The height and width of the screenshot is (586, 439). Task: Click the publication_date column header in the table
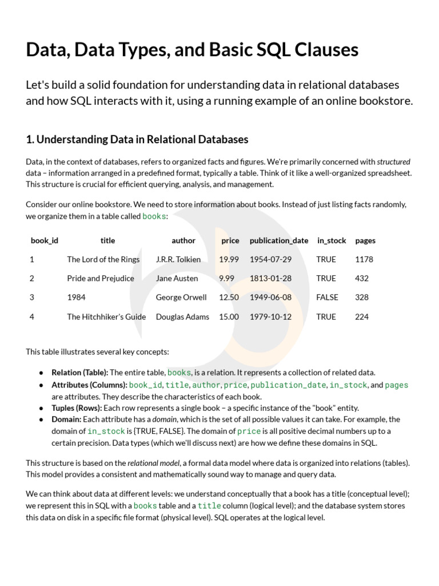pyautogui.click(x=279, y=240)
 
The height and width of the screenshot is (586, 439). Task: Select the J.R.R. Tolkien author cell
pyautogui.click(x=178, y=259)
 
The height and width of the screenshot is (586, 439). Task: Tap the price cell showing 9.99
pyautogui.click(x=226, y=278)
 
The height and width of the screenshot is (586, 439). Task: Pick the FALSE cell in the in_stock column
pyautogui.click(x=327, y=297)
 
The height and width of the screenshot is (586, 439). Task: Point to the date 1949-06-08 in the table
pyautogui.click(x=270, y=297)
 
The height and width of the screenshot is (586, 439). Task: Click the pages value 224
pyautogui.click(x=362, y=316)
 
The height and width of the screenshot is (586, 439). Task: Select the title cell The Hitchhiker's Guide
pyautogui.click(x=106, y=316)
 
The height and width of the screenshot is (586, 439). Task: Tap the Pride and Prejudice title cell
pyautogui.click(x=101, y=278)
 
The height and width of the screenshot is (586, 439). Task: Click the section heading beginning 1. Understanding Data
pyautogui.click(x=137, y=139)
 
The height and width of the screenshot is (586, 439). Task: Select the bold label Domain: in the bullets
pyautogui.click(x=67, y=419)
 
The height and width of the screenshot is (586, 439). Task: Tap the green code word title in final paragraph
pyautogui.click(x=209, y=506)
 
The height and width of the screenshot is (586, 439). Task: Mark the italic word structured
pyautogui.click(x=393, y=161)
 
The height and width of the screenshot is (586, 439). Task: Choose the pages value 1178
pyautogui.click(x=364, y=259)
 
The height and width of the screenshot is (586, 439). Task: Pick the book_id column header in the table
pyautogui.click(x=45, y=240)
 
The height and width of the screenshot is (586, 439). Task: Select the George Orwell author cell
pyautogui.click(x=181, y=297)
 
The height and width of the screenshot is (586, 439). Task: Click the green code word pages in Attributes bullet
pyautogui.click(x=397, y=385)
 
